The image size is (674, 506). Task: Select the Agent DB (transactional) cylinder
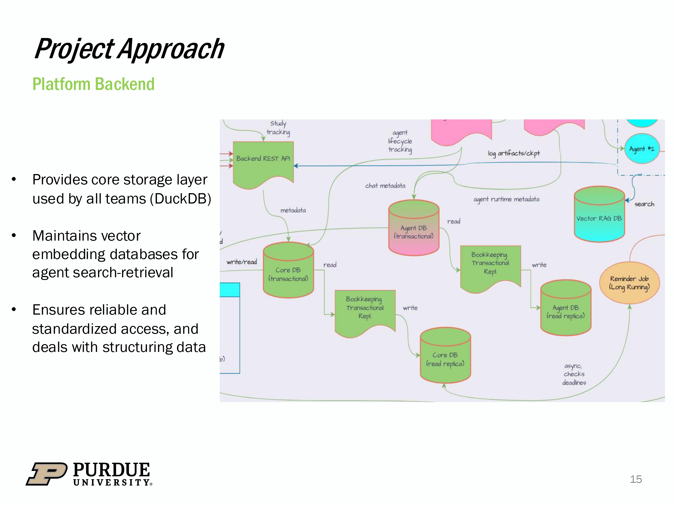[x=413, y=230]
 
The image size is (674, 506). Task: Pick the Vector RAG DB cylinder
[x=599, y=217]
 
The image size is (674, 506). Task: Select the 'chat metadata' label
[x=385, y=186]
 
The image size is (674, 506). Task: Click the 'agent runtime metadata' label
[x=506, y=199]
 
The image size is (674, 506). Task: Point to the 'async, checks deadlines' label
[x=574, y=374]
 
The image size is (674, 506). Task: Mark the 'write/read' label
[x=242, y=262]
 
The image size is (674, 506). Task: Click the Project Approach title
[x=129, y=49]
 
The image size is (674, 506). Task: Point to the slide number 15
[x=636, y=479]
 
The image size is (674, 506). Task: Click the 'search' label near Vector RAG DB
[x=644, y=204]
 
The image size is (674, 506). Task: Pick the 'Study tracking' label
[x=278, y=128]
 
